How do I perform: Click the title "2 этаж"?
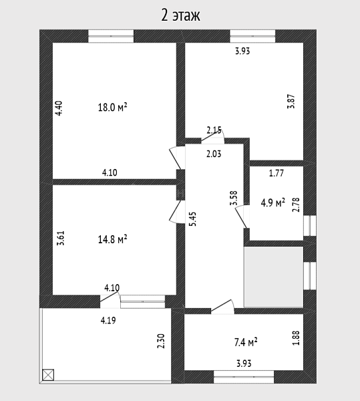tap(180, 15)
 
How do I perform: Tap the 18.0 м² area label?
tap(112, 108)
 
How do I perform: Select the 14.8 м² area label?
tap(112, 240)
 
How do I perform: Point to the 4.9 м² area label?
tap(273, 203)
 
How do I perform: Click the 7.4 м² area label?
tap(246, 342)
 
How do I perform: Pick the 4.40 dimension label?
tap(59, 108)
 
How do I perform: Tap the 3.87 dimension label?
tap(291, 102)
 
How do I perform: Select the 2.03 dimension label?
tap(214, 154)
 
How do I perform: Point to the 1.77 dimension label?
tap(277, 173)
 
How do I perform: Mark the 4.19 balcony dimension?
tap(108, 320)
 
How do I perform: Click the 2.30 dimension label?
tap(161, 341)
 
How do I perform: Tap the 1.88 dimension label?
tap(296, 338)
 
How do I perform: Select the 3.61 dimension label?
tap(61, 239)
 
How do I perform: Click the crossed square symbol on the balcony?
tap(48, 375)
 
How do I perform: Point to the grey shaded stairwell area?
tap(274, 277)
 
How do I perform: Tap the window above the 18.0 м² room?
tap(111, 36)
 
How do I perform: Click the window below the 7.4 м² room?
tap(244, 377)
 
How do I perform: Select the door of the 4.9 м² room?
tap(242, 217)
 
